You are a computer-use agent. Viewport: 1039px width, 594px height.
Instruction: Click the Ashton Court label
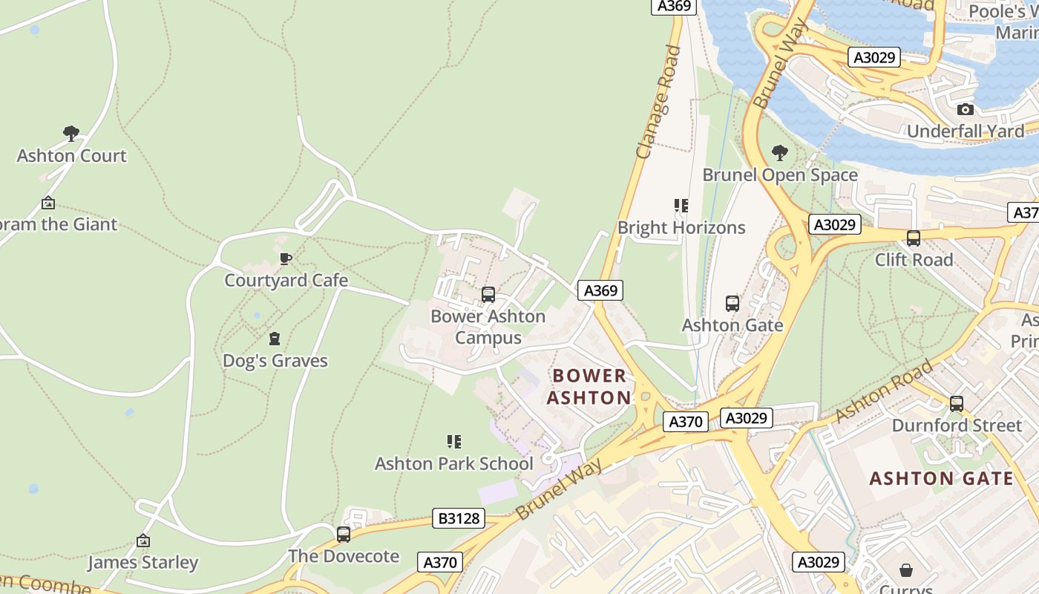(71, 156)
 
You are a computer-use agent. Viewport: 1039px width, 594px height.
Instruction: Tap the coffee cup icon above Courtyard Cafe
(286, 258)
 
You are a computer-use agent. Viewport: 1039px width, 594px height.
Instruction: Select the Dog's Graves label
(275, 361)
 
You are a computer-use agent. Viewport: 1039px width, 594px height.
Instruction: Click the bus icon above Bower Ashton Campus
(488, 294)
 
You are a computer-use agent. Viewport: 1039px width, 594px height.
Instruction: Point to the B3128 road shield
(459, 518)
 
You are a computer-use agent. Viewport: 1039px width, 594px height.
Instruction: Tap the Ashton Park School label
(453, 463)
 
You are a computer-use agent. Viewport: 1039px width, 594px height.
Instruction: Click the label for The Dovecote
(343, 556)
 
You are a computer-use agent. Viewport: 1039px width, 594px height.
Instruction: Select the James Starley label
(142, 562)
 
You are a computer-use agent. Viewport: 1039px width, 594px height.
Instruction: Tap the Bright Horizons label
(681, 227)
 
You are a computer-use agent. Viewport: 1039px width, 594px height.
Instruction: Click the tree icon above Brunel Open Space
(779, 153)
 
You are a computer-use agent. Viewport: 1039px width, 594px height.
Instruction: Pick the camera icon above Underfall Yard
(965, 110)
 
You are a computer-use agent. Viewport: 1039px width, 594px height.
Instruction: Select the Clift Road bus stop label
(914, 260)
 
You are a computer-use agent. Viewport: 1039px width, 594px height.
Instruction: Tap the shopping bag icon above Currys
(905, 570)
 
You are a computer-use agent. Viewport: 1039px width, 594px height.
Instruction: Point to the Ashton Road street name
(883, 391)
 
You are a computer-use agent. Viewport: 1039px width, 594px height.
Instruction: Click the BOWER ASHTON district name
(589, 386)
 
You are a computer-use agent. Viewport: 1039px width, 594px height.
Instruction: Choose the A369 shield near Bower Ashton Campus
(600, 290)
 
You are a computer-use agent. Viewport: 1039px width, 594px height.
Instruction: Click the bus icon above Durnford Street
(957, 404)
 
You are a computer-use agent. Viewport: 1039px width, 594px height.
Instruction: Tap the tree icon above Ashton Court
(71, 134)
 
